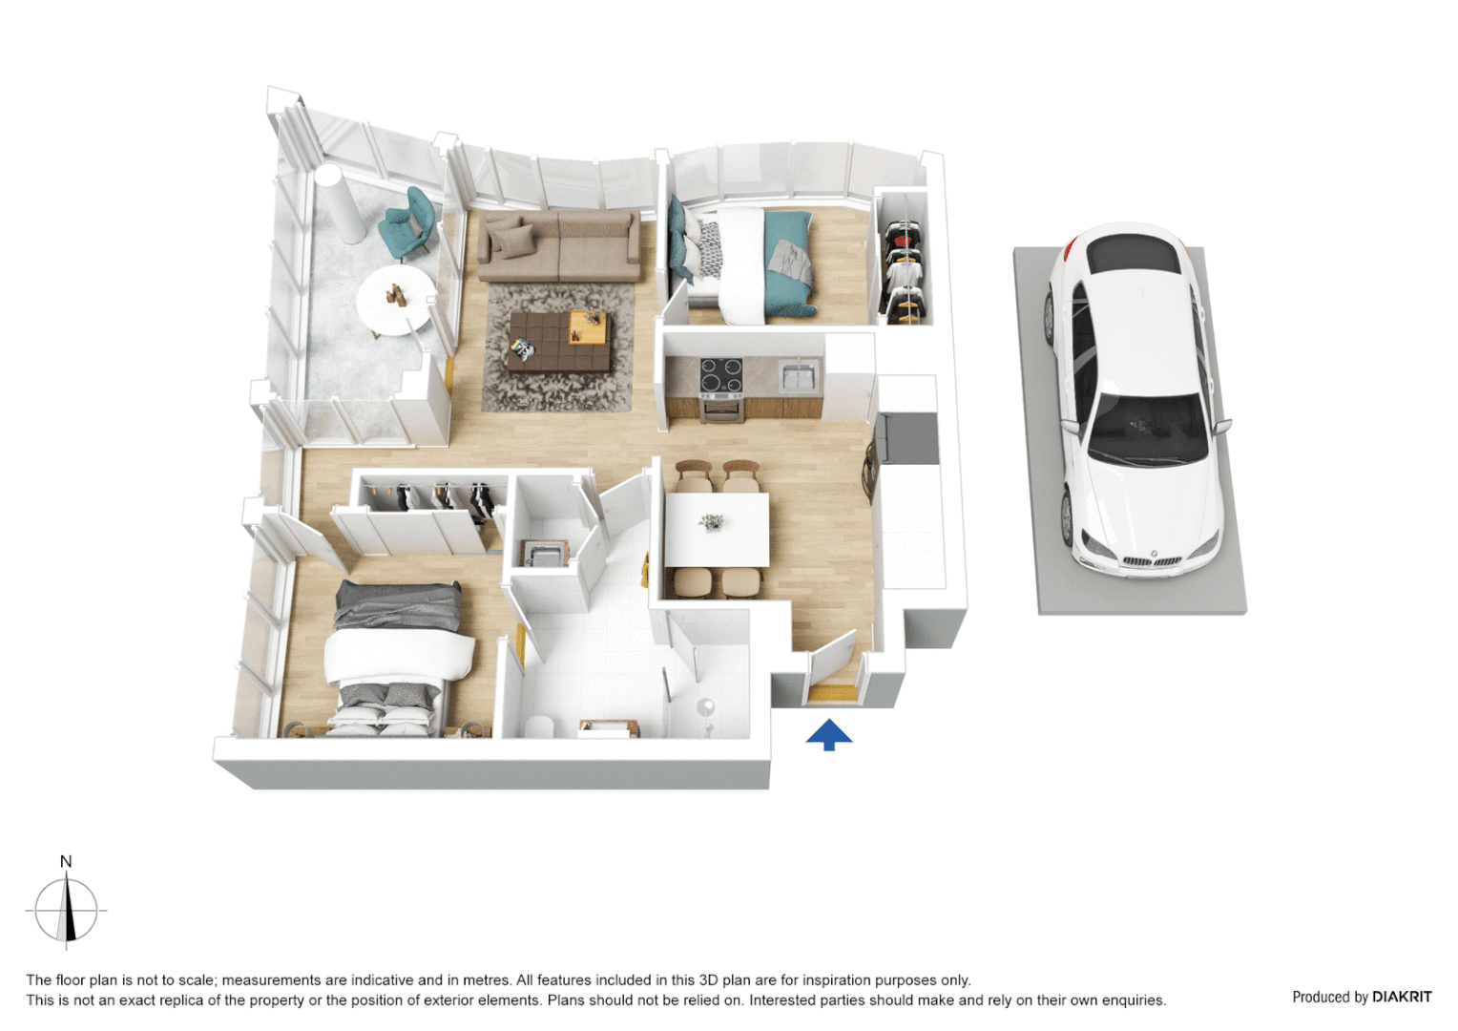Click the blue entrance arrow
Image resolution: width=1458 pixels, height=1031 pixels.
point(828,734)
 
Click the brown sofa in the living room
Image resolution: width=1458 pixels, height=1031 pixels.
point(558,246)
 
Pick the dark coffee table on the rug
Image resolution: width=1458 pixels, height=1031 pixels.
point(558,342)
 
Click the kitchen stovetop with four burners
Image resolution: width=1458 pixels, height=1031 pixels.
point(721,377)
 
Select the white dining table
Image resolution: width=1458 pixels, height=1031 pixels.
point(717,530)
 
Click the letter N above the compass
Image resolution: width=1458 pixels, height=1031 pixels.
point(66,861)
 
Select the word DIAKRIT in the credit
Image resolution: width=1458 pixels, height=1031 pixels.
point(1402,997)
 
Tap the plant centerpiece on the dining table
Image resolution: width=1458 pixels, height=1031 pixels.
point(711,521)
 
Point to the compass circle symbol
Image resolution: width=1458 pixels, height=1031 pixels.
point(66,910)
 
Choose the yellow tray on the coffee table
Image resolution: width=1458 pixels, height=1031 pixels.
point(588,327)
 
